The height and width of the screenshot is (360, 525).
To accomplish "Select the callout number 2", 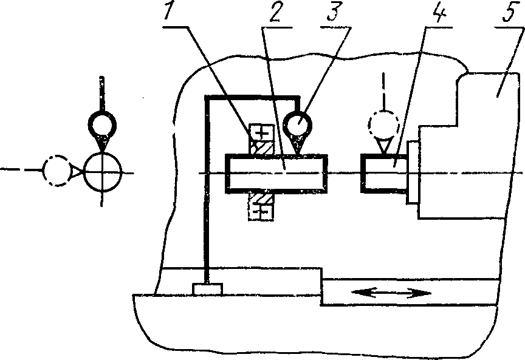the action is [275, 16].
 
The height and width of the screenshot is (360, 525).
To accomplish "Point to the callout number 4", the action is [437, 16].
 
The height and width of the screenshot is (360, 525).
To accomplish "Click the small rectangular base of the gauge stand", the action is [207, 289].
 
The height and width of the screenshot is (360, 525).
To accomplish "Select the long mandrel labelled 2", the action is [276, 174].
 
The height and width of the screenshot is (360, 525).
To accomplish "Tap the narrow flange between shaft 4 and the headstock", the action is [413, 172].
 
